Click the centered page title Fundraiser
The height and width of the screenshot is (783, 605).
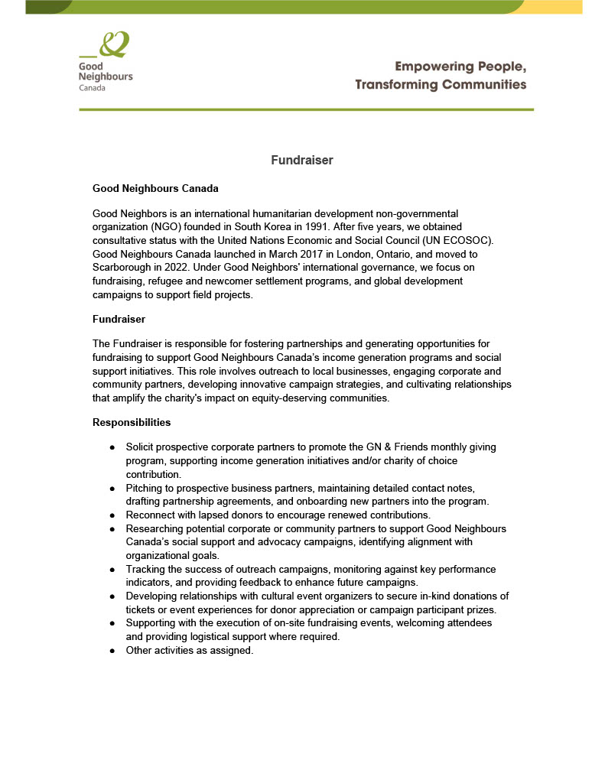click(x=302, y=161)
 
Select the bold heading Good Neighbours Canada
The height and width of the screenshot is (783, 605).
click(x=155, y=188)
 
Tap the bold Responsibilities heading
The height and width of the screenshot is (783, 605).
click(x=132, y=422)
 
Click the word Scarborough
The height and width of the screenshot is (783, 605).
click(x=125, y=268)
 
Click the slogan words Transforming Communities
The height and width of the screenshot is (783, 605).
click(x=441, y=84)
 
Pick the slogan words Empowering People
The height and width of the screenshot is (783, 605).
click(x=460, y=66)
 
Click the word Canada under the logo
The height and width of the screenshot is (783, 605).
click(x=93, y=88)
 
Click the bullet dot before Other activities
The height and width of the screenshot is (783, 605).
click(x=112, y=650)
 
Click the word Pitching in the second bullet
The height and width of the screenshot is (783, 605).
click(x=146, y=488)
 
